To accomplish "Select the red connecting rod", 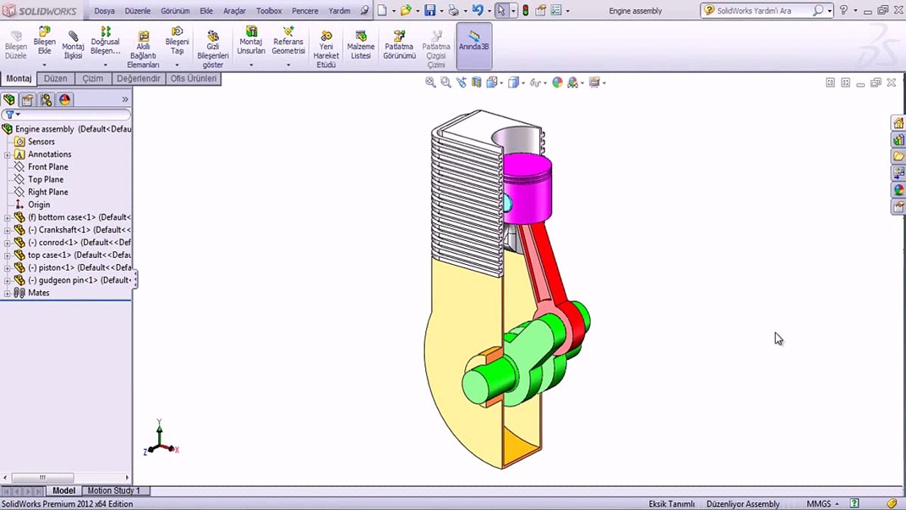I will (x=546, y=262).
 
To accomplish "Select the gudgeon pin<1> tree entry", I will (x=79, y=280).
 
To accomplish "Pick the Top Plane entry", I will (x=45, y=179).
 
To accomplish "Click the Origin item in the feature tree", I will (x=38, y=205).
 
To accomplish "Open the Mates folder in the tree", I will (x=38, y=293).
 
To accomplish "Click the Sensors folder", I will (x=40, y=142).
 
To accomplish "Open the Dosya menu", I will (x=104, y=11).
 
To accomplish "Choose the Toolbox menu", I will (x=269, y=11).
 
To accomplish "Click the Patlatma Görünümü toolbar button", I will (x=399, y=45).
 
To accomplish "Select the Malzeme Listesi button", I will (x=361, y=45).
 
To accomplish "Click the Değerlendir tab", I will (x=138, y=79).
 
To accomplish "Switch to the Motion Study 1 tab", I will (x=113, y=490).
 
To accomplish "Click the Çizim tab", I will (x=92, y=79).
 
